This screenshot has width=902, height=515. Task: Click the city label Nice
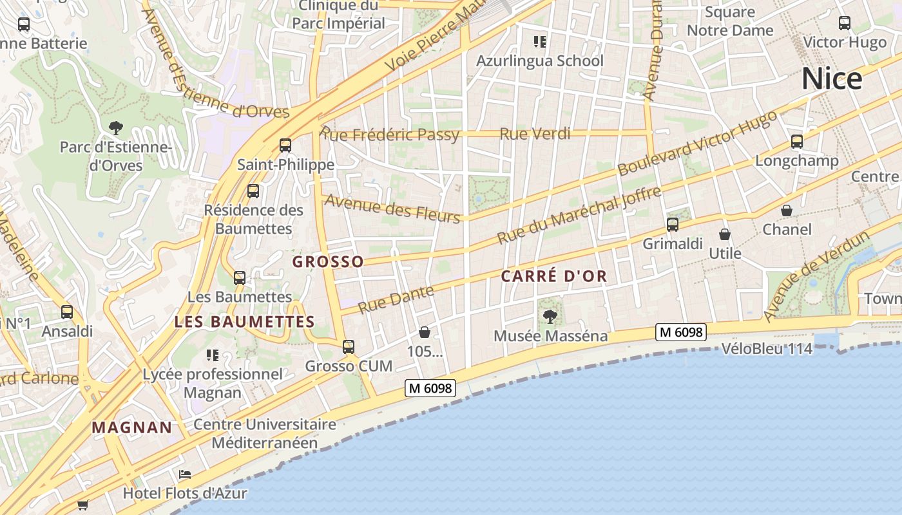832,79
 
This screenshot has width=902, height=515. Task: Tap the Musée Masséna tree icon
550,315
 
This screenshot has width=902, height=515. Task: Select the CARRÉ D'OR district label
554,277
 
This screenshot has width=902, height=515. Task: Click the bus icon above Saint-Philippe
285,145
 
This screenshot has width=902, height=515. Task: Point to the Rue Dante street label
396,299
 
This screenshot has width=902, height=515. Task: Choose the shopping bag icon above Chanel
787,211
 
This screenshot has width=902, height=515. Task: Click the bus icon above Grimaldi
673,225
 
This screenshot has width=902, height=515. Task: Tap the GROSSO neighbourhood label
328,261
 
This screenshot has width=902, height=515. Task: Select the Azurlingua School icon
540,42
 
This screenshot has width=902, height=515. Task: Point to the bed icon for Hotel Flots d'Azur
185,474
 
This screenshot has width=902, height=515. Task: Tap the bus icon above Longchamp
797,142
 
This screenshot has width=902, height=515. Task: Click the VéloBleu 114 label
767,349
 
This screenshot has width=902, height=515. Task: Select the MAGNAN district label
132,427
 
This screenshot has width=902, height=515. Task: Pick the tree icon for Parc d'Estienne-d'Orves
116,127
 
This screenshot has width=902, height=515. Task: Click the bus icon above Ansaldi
67,312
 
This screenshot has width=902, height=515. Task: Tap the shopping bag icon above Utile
725,234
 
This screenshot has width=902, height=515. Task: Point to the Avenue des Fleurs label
392,208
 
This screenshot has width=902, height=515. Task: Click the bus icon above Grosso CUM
349,347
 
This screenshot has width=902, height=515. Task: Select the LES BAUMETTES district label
244,322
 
